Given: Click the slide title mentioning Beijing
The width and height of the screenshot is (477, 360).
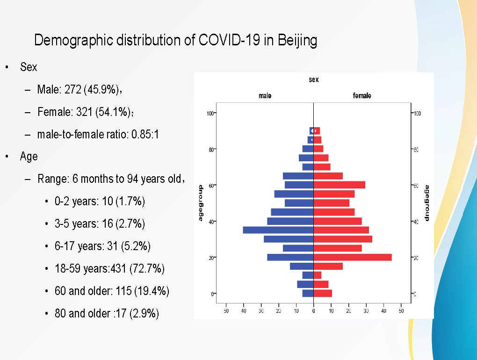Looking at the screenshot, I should [x=175, y=40].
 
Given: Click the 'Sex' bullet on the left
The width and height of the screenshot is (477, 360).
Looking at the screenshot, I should [x=29, y=67].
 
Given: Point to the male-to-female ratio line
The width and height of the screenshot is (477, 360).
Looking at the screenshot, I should [x=98, y=135].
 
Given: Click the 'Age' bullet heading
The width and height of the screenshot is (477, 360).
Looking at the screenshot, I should [x=29, y=157].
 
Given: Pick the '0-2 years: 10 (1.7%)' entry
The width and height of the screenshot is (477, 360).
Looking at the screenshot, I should [x=100, y=202].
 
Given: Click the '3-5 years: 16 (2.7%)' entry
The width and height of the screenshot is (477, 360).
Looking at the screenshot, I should [x=100, y=224].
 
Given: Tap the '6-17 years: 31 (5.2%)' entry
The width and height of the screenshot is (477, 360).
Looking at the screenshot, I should [x=102, y=246].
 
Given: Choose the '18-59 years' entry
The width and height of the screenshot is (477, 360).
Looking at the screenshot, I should [x=109, y=269].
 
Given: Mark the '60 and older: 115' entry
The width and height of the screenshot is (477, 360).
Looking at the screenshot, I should [x=111, y=291].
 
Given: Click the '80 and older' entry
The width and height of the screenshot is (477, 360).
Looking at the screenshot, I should [x=107, y=313].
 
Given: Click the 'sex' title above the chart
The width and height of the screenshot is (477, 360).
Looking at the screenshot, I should [x=314, y=80].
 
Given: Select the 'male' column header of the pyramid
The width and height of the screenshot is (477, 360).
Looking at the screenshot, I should [x=265, y=96].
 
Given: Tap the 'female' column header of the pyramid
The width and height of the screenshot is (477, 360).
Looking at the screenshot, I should [x=362, y=96].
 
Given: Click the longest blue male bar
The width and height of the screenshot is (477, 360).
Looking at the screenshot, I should [x=278, y=230].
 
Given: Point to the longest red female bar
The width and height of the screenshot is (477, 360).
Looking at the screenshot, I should [x=353, y=257].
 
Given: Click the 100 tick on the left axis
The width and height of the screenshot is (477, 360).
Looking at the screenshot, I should [x=210, y=113].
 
